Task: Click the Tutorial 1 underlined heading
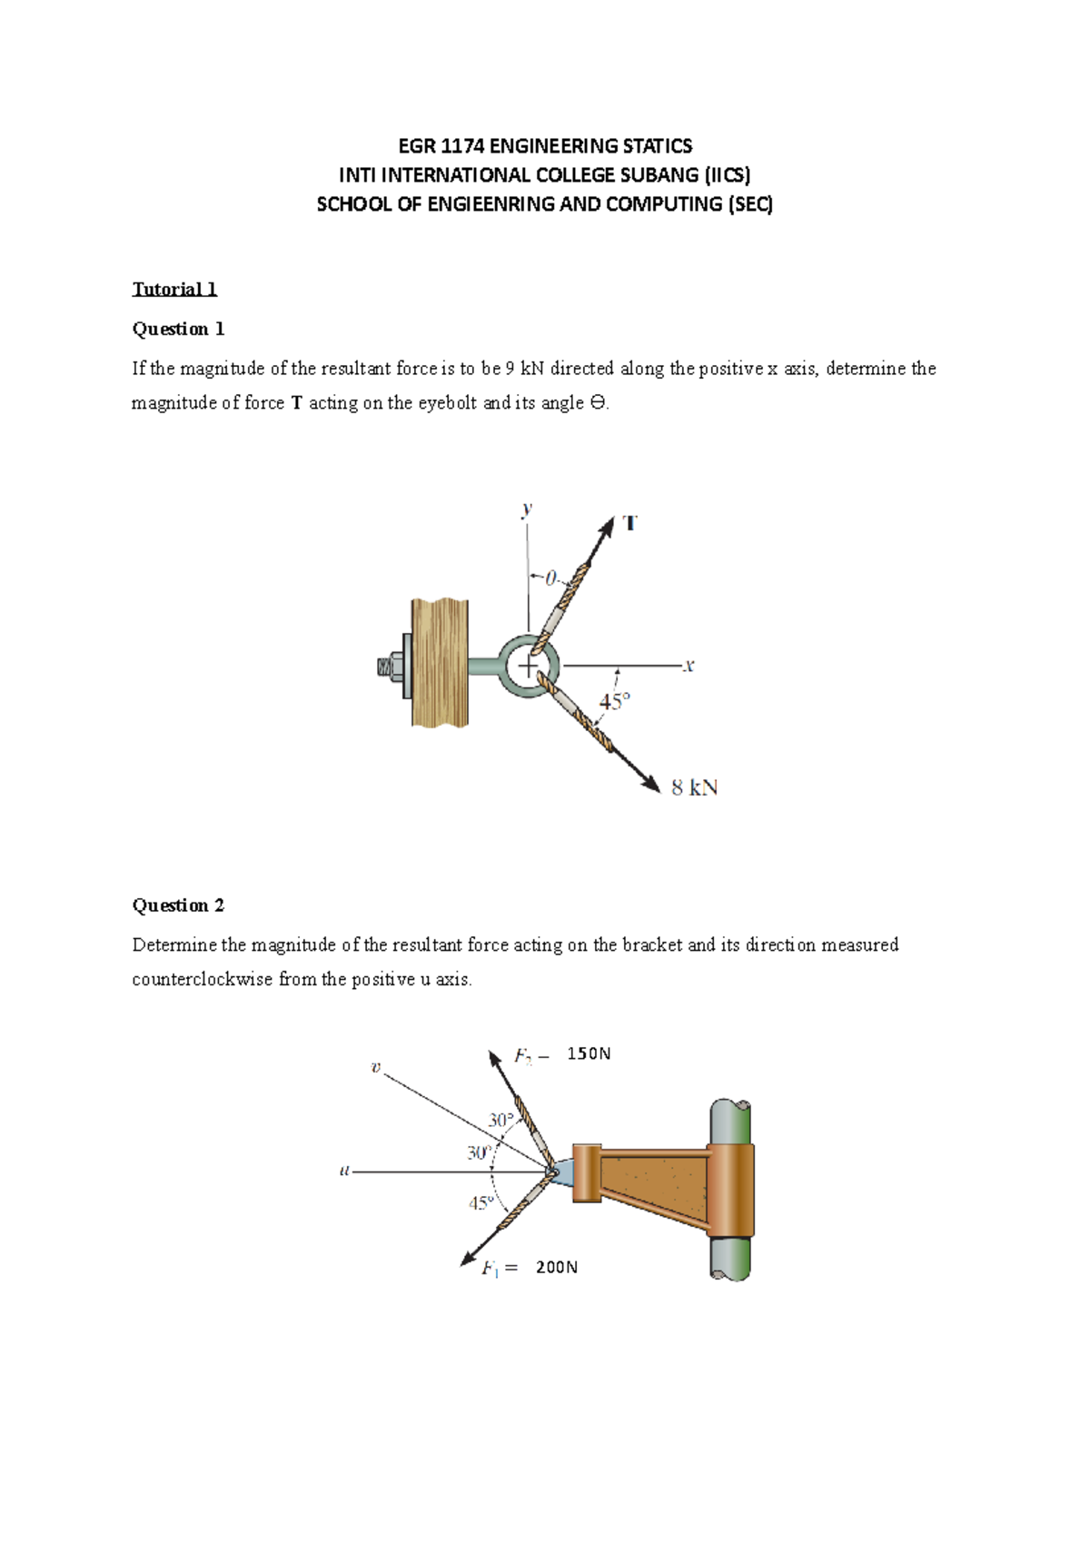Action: point(174,289)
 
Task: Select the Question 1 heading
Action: point(178,329)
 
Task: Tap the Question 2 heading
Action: point(178,905)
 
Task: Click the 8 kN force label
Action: point(694,787)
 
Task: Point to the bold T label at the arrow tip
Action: point(629,524)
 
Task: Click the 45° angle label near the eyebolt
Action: point(613,702)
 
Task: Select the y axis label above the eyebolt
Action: point(526,509)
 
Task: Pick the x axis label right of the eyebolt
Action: point(689,666)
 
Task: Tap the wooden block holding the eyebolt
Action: point(440,663)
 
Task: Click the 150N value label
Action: point(589,1053)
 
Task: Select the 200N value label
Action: point(556,1267)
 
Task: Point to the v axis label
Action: point(375,1067)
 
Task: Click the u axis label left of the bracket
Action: point(344,1171)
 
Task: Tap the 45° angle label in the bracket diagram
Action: point(481,1203)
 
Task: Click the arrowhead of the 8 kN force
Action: point(650,784)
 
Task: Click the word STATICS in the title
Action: point(657,146)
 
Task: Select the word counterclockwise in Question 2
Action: point(203,979)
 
